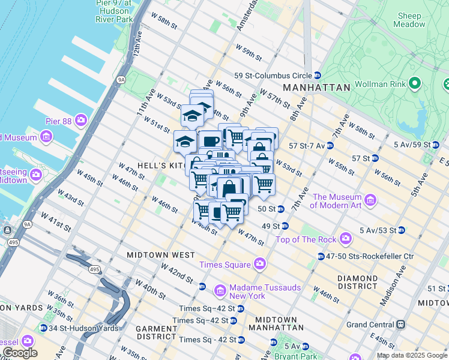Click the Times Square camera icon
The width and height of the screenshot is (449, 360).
pos(260,263)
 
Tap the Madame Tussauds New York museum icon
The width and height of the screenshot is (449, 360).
pos(220,292)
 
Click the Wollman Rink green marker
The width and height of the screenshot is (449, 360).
pos(414,84)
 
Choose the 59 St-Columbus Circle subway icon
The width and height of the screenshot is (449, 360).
pos(317,76)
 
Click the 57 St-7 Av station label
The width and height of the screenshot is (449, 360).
pos(307,146)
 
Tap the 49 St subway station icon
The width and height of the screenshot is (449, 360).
pos(286,226)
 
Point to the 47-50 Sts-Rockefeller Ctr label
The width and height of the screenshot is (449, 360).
pos(370,256)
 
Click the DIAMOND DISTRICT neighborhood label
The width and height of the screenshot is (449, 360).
pos(357,283)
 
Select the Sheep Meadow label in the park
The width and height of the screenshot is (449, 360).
pos(408,20)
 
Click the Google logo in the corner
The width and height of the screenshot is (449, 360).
pos(19,352)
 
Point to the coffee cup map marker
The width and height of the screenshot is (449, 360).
pos(211,142)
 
